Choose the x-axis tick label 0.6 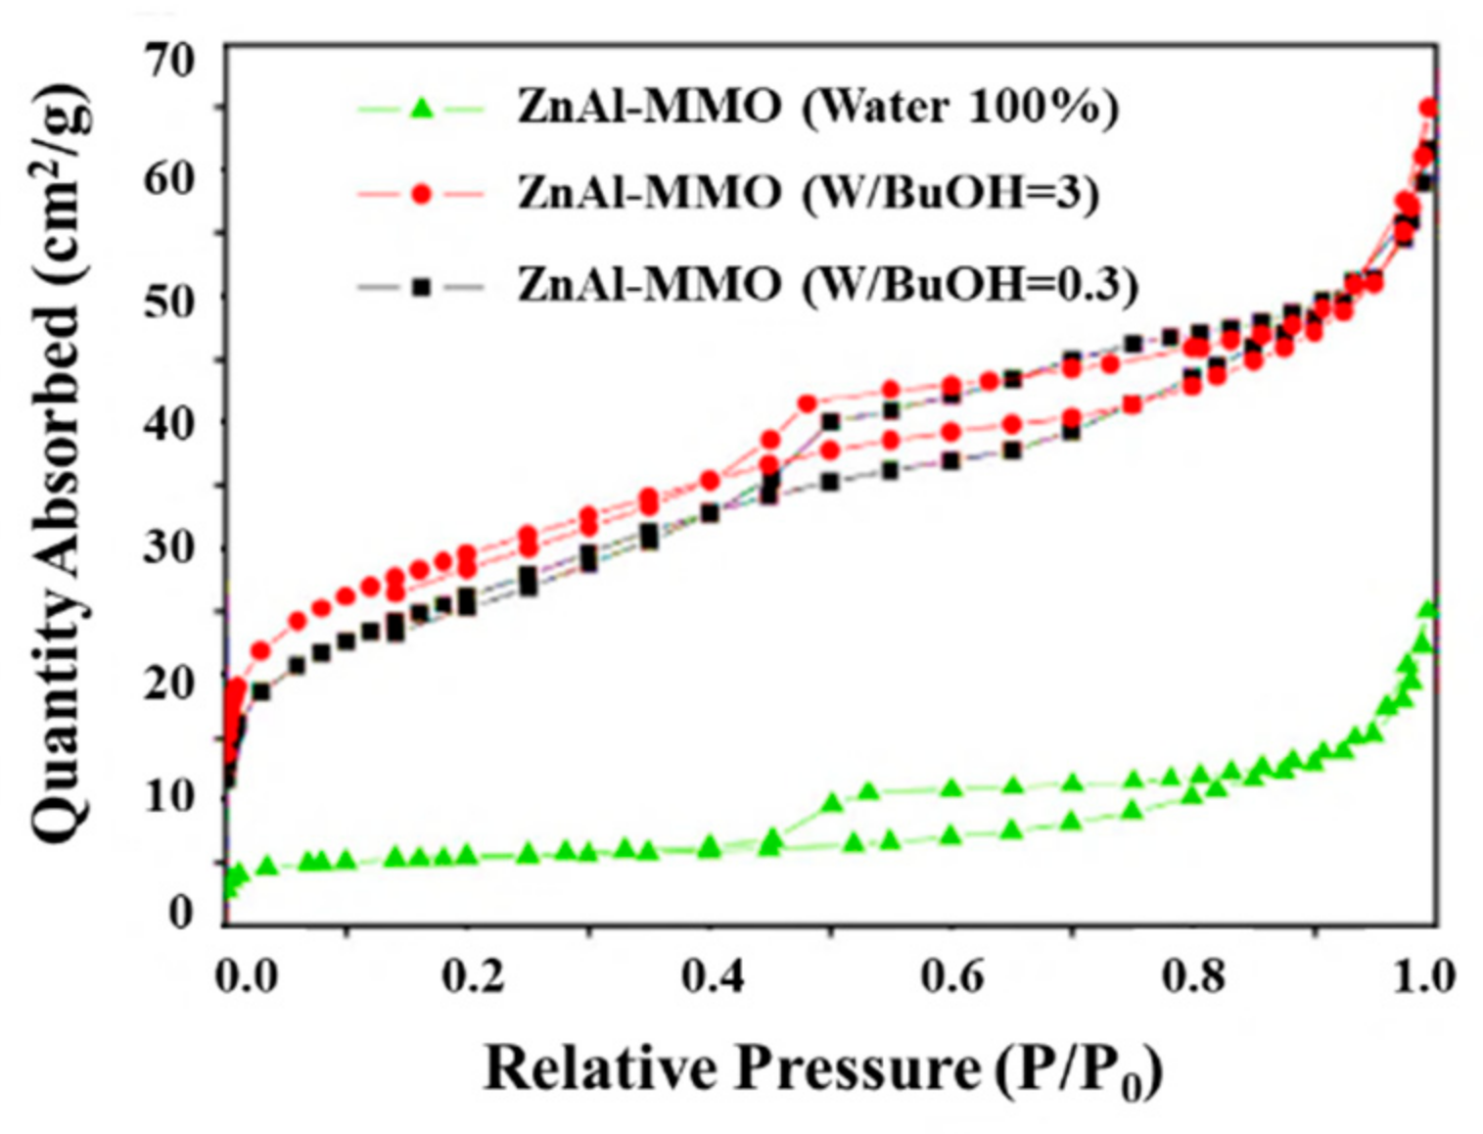click(x=952, y=976)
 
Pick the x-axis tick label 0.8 click(x=1193, y=976)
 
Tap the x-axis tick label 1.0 click(x=1424, y=976)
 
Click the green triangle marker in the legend click(x=421, y=108)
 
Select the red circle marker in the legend click(x=421, y=194)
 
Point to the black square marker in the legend click(x=421, y=287)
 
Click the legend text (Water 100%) click(x=959, y=107)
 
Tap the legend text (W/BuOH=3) click(x=950, y=193)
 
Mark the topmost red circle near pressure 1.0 click(x=1428, y=108)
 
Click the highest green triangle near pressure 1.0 click(x=1428, y=609)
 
